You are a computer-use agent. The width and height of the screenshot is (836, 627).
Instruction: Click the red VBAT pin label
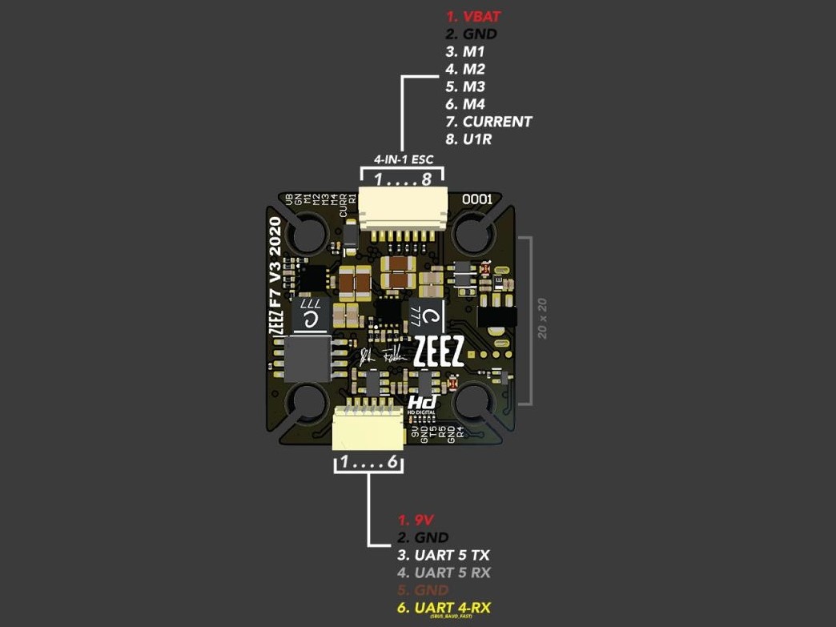point(474,17)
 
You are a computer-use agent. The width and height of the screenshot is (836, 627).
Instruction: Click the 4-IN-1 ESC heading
point(404,159)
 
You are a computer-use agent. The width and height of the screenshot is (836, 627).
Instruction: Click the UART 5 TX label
point(443,555)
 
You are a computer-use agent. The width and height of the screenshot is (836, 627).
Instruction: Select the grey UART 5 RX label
point(444,573)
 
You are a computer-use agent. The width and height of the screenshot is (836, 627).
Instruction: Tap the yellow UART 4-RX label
point(444,608)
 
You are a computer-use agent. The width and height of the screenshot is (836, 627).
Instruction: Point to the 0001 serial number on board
point(476,198)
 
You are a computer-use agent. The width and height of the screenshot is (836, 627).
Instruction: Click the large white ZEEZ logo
point(438,352)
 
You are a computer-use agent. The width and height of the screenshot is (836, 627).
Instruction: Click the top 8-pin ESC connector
point(403,211)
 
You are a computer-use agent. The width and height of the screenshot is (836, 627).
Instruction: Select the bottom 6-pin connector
point(368,431)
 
